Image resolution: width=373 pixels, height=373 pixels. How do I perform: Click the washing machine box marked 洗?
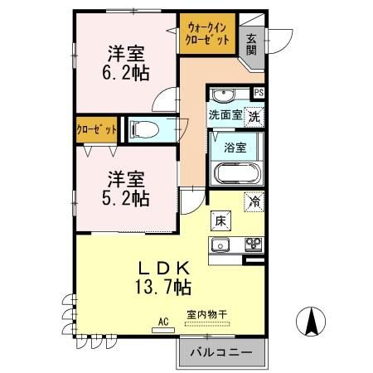(254, 116)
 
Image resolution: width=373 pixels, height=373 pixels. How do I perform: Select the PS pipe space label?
(259, 93)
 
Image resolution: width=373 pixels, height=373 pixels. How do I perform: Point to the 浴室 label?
(235, 148)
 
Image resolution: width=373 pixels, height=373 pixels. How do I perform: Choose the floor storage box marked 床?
(221, 220)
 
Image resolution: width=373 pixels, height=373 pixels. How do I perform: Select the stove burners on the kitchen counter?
(251, 244)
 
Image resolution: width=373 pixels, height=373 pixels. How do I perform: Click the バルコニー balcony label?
(220, 352)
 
